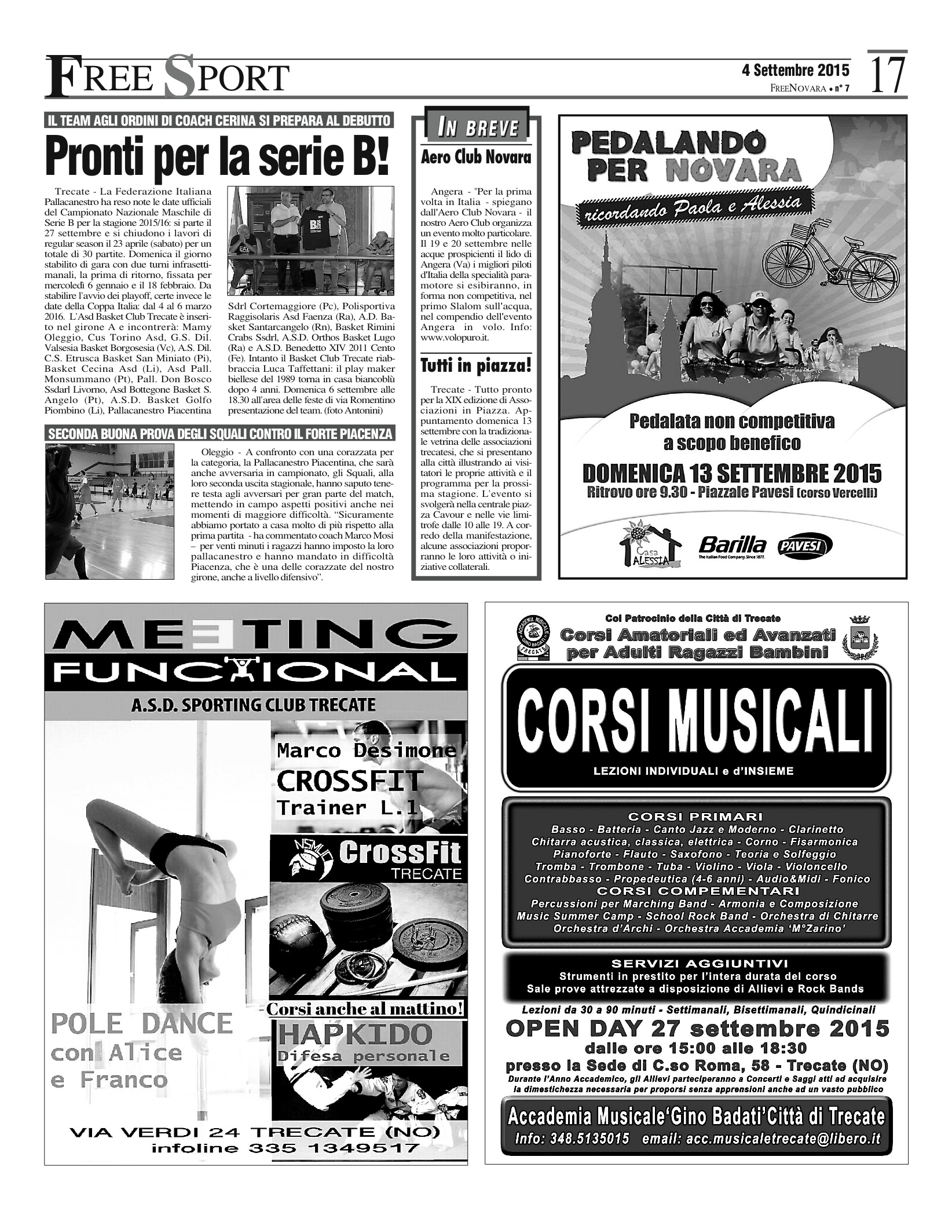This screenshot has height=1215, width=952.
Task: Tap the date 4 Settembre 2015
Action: (796, 71)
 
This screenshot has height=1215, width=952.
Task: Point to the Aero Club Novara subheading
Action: (476, 157)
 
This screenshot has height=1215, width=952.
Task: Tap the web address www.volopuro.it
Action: (456, 337)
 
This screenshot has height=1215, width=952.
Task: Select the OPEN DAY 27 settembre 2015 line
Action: (697, 1029)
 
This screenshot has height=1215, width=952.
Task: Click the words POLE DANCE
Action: (141, 1023)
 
